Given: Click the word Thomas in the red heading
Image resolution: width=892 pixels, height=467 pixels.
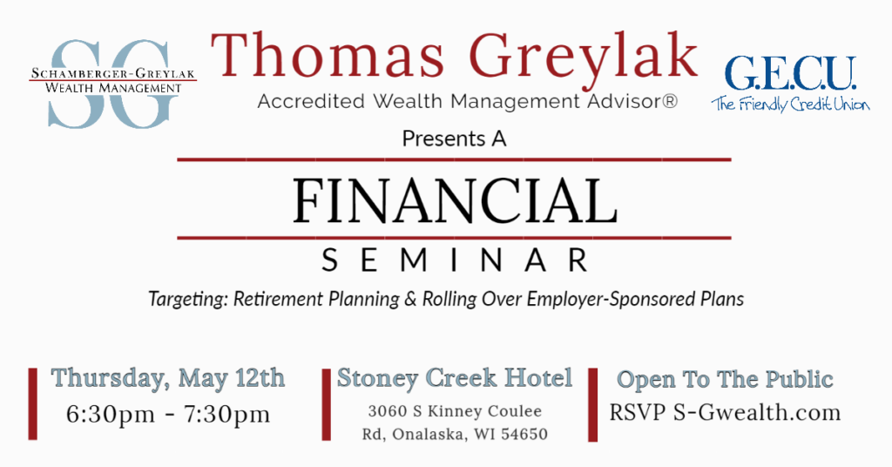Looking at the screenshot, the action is pyautogui.click(x=328, y=55).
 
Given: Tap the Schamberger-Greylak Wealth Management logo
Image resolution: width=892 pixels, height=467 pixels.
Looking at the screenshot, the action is pyautogui.click(x=112, y=83).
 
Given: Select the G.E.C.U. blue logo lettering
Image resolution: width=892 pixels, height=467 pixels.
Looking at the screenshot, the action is pyautogui.click(x=790, y=74).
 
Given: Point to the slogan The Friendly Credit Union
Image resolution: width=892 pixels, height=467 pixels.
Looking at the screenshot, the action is pyautogui.click(x=790, y=104).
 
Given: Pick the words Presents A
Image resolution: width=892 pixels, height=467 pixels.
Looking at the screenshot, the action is pyautogui.click(x=454, y=139).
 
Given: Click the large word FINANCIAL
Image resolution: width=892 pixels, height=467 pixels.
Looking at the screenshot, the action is pyautogui.click(x=455, y=200).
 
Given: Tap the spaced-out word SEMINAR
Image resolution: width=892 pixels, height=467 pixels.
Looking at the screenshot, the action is pyautogui.click(x=455, y=261).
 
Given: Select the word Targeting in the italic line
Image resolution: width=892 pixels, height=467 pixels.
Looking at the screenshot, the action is pyautogui.click(x=189, y=299).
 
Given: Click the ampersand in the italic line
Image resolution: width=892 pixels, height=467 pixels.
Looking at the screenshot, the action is pyautogui.click(x=411, y=299).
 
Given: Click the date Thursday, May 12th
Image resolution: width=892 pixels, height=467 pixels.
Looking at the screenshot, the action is pyautogui.click(x=168, y=378).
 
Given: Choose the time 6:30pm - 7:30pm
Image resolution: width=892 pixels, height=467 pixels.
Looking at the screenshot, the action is pyautogui.click(x=168, y=414).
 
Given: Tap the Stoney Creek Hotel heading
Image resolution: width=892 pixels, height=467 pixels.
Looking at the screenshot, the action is pyautogui.click(x=455, y=378).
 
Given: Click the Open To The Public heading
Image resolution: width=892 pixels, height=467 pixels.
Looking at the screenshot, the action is pyautogui.click(x=726, y=379).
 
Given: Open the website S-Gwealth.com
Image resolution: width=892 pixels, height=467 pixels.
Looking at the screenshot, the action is pyautogui.click(x=757, y=412).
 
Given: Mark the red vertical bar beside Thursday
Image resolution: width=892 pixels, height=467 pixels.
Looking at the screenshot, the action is pyautogui.click(x=33, y=404).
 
